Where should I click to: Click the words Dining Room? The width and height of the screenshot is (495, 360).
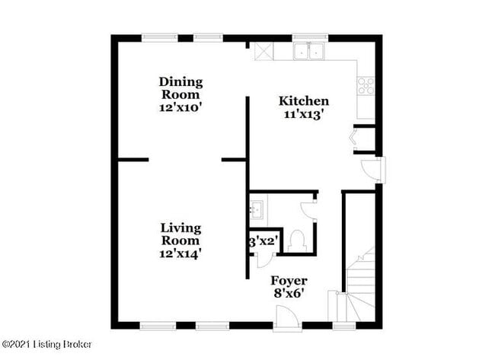[x=180, y=88]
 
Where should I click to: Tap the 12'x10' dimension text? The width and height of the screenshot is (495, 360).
[x=180, y=107]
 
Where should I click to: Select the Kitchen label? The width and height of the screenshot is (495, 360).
[x=304, y=100]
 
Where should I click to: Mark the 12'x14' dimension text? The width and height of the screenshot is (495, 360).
[x=180, y=253]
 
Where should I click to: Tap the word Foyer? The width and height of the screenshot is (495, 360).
[x=289, y=279]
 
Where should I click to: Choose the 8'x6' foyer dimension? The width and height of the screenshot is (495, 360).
[x=289, y=292]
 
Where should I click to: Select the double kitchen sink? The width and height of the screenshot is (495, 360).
[x=310, y=51]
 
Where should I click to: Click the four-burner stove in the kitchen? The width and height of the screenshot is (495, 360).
[x=366, y=85]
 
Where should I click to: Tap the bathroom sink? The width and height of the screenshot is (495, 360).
[x=256, y=207]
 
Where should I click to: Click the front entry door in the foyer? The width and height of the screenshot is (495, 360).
[x=287, y=318]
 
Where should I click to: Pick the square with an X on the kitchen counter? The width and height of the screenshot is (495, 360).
[x=263, y=51]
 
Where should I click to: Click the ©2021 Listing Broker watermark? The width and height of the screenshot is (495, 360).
[x=47, y=344]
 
